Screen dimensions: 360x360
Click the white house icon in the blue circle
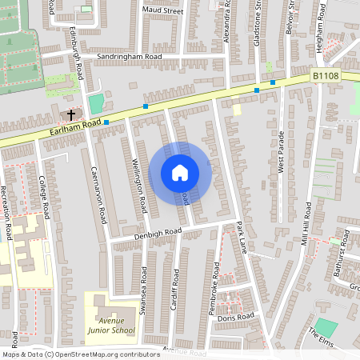180,172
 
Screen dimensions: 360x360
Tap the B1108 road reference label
325,76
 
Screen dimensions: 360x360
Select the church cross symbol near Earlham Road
70,115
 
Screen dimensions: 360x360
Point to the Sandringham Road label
129,58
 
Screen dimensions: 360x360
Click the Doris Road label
235,317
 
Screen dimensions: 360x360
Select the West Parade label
281,152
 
